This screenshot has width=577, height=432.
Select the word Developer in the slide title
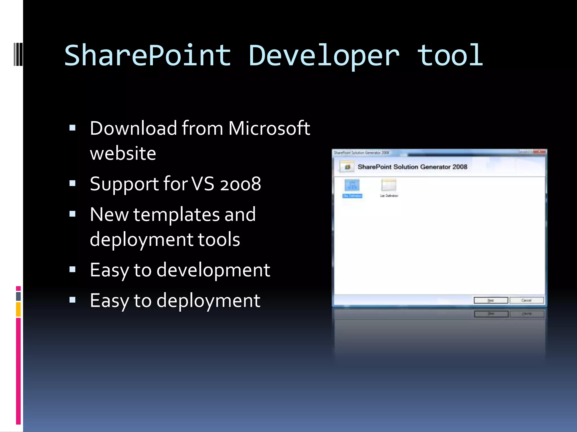324,56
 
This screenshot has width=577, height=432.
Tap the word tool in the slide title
450,56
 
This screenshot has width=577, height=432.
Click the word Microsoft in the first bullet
269,128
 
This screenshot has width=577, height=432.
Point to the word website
123,154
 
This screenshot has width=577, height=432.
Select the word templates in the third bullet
176,215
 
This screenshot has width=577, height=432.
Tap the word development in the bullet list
213,270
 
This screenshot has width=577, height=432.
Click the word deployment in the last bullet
208,301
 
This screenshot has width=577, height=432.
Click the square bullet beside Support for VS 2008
72,184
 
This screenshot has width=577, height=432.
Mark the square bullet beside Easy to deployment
72,300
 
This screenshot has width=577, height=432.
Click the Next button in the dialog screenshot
491,300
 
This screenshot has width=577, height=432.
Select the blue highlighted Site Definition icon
352,186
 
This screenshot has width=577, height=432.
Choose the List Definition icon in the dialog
389,185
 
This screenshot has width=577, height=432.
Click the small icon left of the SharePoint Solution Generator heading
347,167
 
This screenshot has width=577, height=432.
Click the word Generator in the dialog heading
435,167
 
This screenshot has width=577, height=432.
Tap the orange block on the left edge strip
18,309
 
